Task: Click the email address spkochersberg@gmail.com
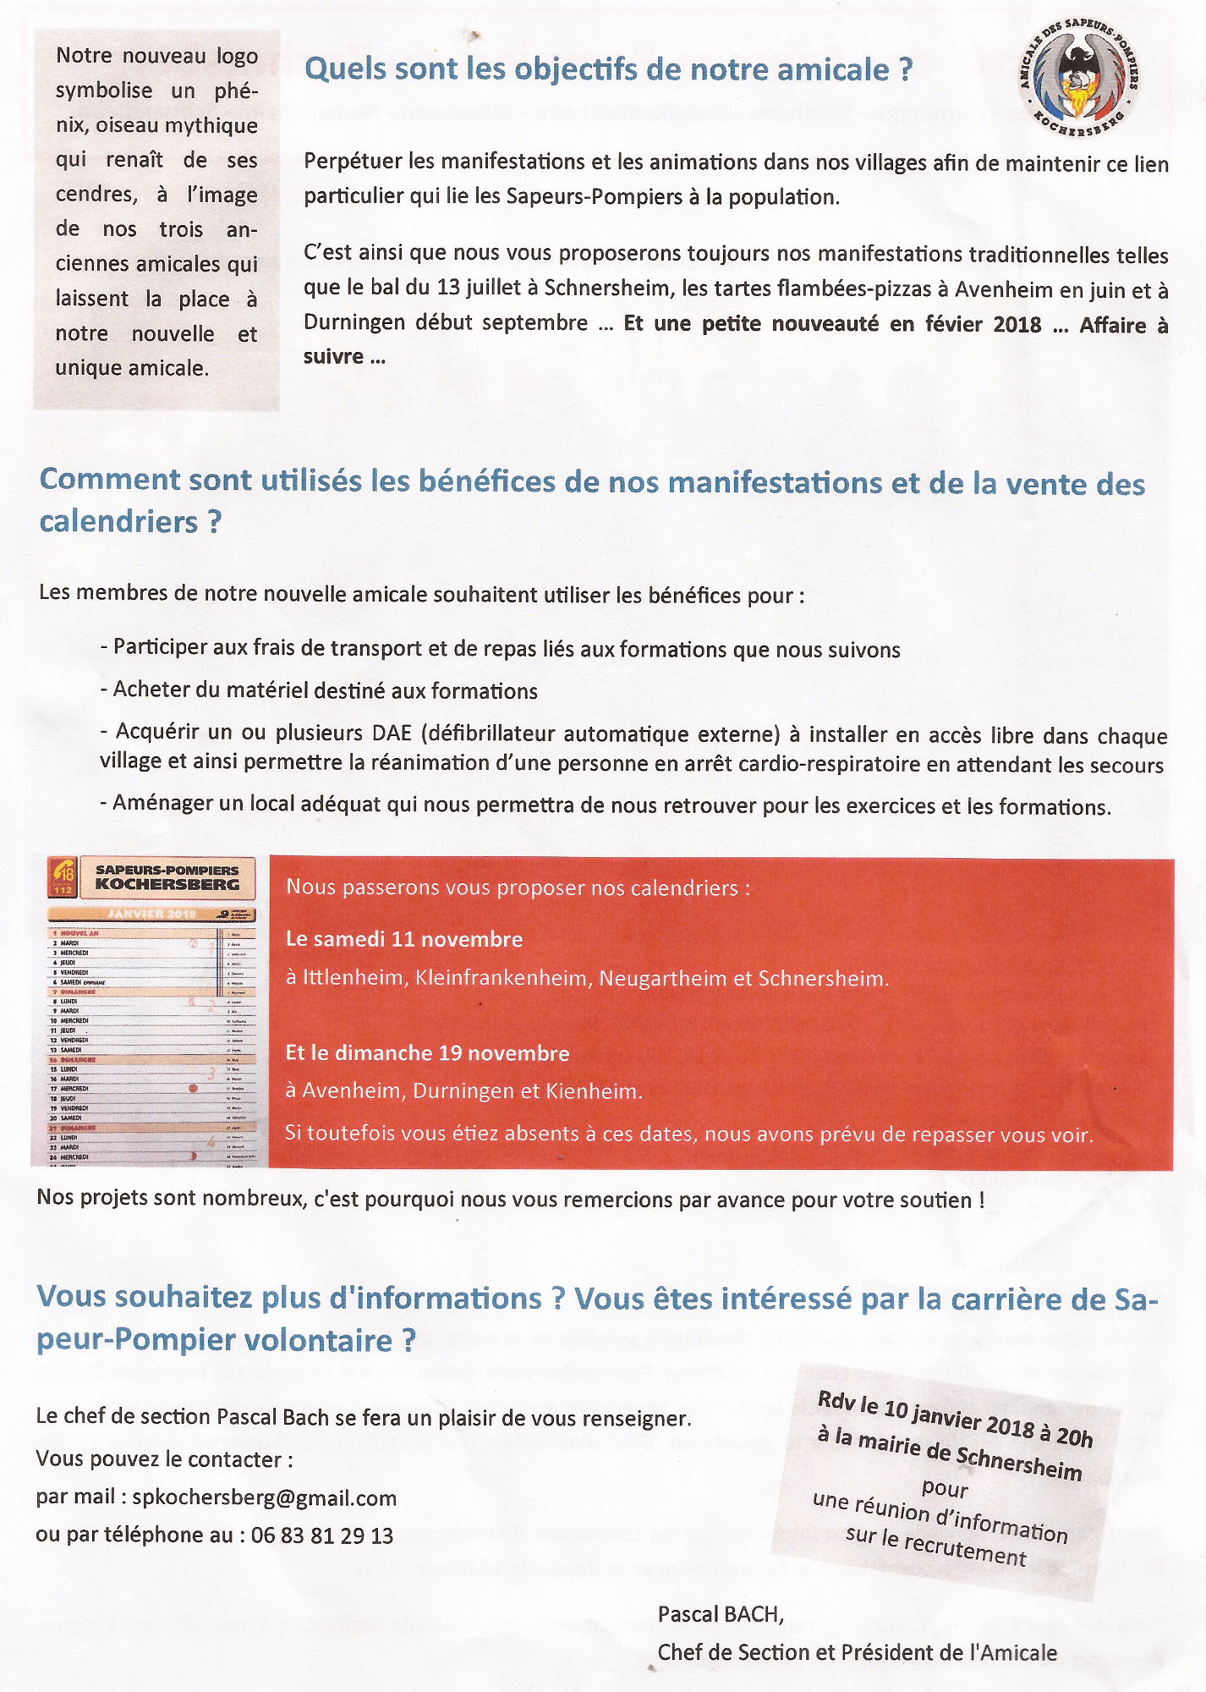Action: (x=264, y=1498)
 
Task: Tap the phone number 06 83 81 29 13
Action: (x=322, y=1535)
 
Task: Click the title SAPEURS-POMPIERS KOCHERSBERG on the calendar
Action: (x=167, y=877)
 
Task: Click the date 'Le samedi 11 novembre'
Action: (x=404, y=939)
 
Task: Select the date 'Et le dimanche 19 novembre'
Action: (x=427, y=1053)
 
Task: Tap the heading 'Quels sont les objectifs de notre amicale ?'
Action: (x=608, y=69)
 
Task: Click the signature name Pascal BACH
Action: (x=721, y=1614)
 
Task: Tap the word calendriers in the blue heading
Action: (x=118, y=522)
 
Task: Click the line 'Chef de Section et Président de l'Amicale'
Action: (x=857, y=1652)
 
